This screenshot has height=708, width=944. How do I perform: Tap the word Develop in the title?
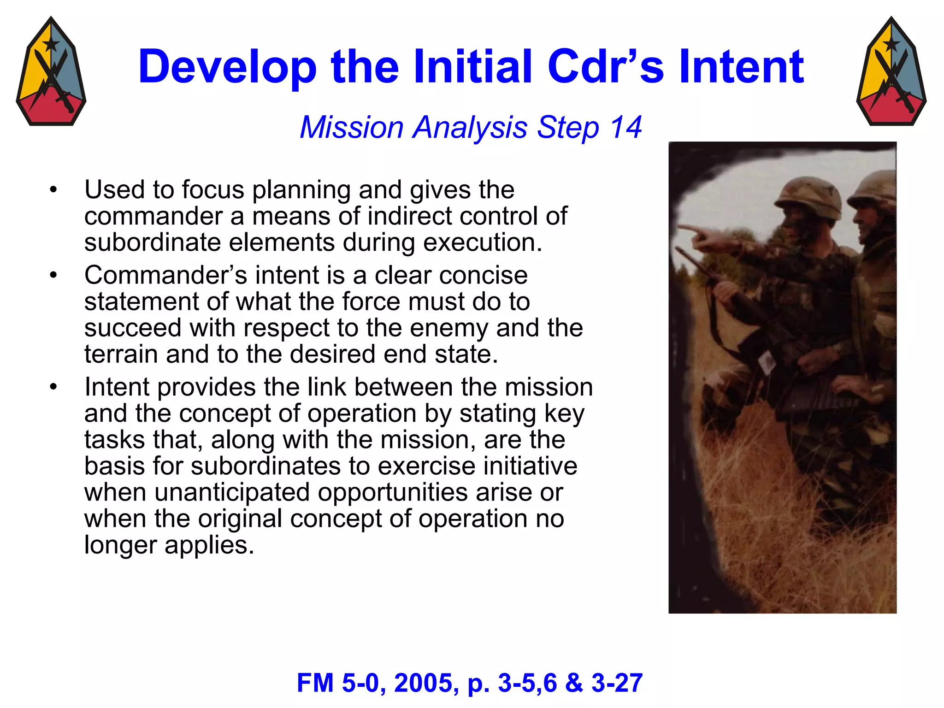coord(228,67)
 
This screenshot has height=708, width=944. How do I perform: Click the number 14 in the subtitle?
coord(625,127)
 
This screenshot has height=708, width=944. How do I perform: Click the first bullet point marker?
coord(53,190)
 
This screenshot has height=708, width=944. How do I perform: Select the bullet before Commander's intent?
coord(53,275)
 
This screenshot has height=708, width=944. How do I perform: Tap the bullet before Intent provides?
coord(53,387)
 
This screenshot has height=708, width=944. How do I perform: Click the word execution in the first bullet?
coord(483,242)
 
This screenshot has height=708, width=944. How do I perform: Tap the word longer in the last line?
coord(121,545)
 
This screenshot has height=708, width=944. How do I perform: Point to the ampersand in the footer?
coord(574,683)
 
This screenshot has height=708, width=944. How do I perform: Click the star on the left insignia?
coord(51,45)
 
